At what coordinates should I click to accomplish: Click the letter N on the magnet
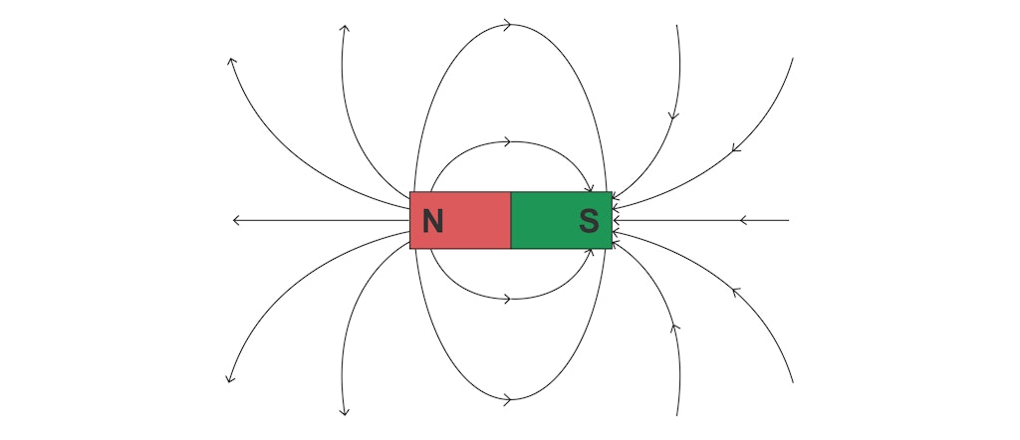tap(432, 221)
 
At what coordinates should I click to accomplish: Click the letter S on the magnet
tap(589, 221)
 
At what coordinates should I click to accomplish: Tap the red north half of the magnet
tap(460, 220)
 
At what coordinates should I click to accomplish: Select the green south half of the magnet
tap(562, 220)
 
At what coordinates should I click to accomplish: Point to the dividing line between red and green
tap(511, 220)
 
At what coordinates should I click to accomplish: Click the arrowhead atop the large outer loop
tap(507, 25)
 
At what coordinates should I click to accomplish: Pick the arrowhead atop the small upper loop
tap(507, 141)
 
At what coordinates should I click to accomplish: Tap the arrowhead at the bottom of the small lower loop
tap(507, 299)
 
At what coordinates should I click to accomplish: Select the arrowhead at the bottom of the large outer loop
tap(507, 399)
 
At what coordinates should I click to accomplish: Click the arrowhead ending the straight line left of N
tap(237, 220)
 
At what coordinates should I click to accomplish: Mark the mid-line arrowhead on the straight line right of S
tap(744, 220)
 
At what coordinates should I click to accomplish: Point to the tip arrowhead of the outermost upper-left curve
tap(231, 62)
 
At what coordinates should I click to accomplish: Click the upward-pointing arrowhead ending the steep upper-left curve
tap(344, 29)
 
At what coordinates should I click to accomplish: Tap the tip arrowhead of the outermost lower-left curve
tap(230, 378)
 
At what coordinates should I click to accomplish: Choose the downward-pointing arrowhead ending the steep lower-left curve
tap(344, 411)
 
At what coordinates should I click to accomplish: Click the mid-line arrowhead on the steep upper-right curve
tap(674, 116)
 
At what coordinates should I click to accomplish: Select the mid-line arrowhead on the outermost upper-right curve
tap(736, 148)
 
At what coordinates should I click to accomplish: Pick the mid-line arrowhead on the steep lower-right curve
tap(674, 328)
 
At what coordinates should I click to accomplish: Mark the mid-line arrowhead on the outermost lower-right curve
tap(736, 293)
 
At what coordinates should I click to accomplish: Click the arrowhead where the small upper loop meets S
tap(590, 188)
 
